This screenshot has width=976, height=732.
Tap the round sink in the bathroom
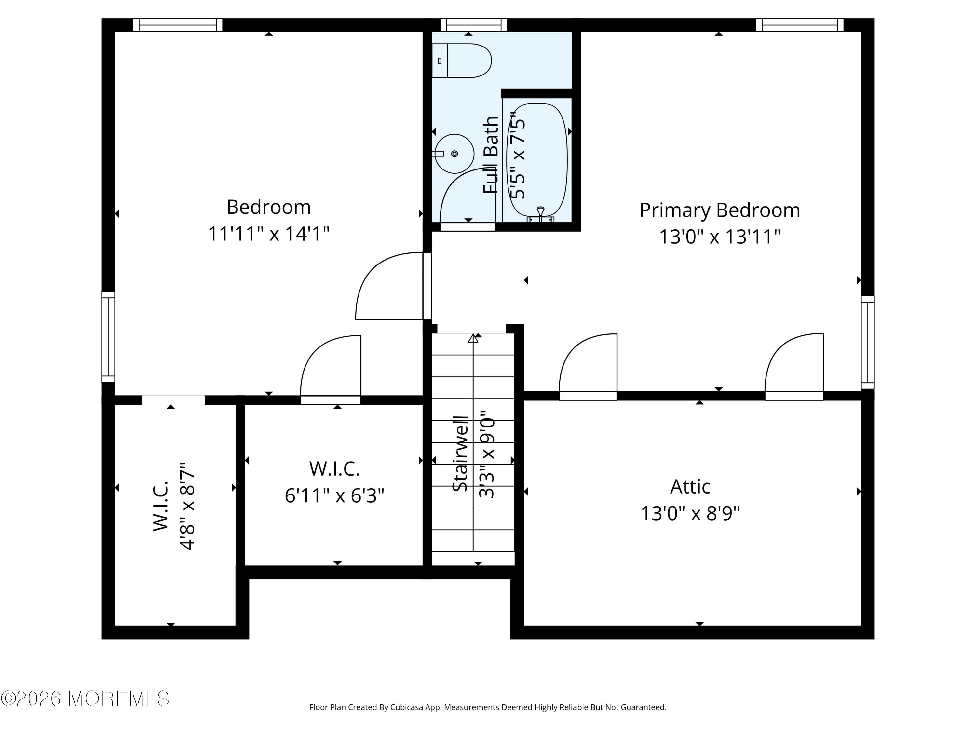click(454, 154)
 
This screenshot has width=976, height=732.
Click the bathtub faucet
click(540, 215)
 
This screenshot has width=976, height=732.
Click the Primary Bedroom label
click(720, 210)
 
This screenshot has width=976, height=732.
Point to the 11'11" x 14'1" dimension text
click(269, 234)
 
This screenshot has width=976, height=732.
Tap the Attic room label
click(690, 487)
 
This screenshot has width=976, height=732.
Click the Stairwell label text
click(461, 454)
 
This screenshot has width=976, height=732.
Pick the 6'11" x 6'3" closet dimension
click(334, 495)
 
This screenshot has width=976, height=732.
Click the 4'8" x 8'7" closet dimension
click(187, 506)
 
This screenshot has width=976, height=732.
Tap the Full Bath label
click(491, 155)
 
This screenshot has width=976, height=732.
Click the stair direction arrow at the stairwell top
click(473, 338)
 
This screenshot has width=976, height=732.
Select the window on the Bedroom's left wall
click(108, 337)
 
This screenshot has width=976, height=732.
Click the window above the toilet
click(474, 25)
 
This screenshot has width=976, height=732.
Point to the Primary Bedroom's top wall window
click(800, 25)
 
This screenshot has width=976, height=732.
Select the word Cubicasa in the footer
click(406, 707)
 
